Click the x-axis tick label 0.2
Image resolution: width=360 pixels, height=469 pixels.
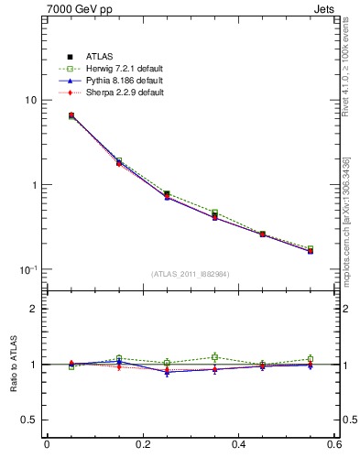[142, 446]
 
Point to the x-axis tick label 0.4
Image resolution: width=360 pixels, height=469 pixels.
[238, 446]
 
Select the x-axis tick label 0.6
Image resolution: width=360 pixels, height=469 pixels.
[333, 446]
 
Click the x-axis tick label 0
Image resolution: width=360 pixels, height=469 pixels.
[47, 446]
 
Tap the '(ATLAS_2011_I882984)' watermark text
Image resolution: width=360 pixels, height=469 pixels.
[190, 275]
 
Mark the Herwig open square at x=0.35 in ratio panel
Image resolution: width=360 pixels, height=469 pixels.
[214, 357]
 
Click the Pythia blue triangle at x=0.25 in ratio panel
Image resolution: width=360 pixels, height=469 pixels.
[167, 371]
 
